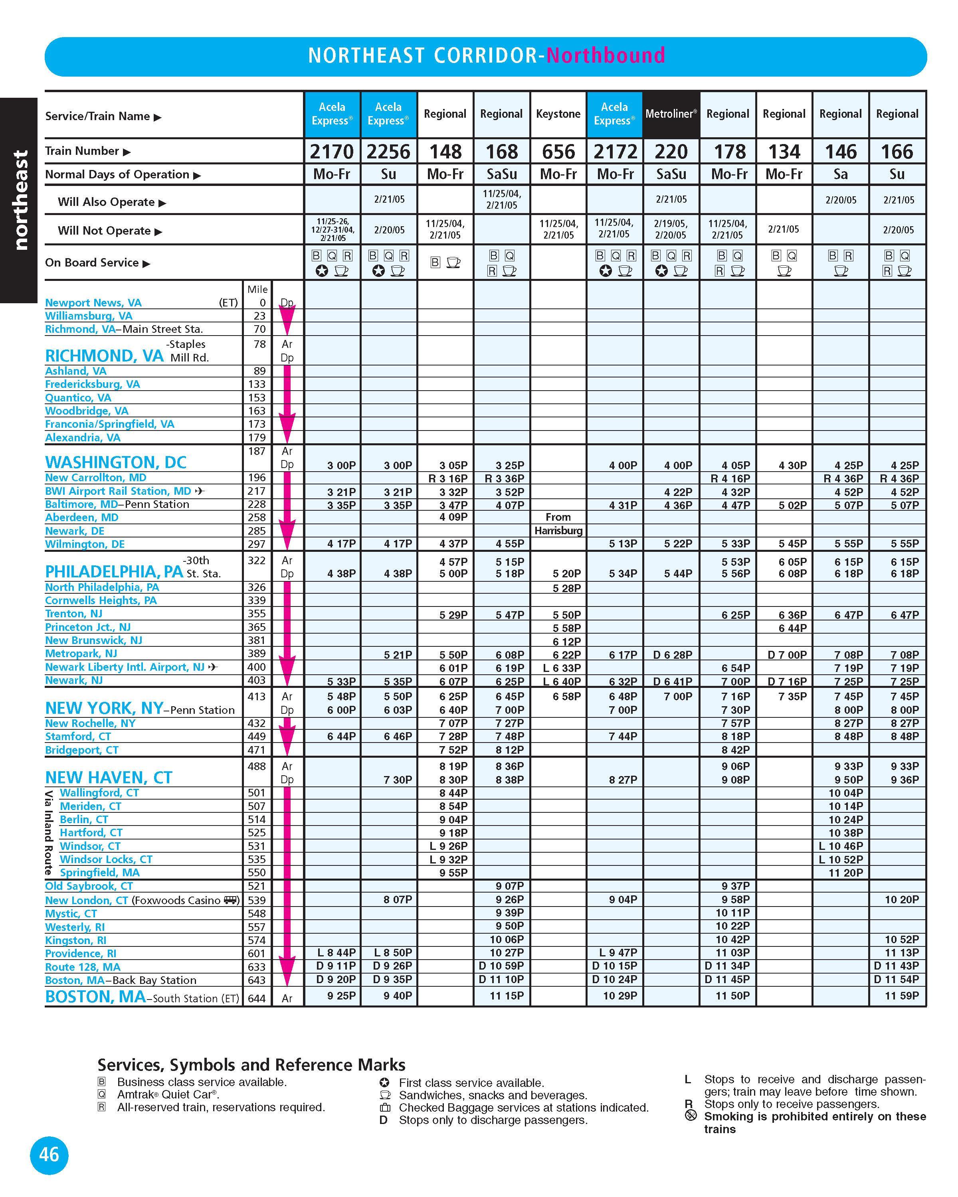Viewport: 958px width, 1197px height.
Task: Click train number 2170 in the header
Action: (x=332, y=152)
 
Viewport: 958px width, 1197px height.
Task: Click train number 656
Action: (x=558, y=152)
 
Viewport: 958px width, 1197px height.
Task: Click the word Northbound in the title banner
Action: (x=606, y=55)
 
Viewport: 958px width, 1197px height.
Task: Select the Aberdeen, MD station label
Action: (x=82, y=518)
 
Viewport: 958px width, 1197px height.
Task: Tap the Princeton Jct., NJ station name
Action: (x=88, y=627)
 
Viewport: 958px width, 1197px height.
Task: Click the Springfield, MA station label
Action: (x=100, y=872)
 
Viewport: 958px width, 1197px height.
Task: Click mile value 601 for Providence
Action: (x=257, y=953)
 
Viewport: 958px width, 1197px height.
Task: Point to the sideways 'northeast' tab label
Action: (x=20, y=200)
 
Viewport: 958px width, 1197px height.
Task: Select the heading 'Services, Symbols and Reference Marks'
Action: (x=251, y=1065)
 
